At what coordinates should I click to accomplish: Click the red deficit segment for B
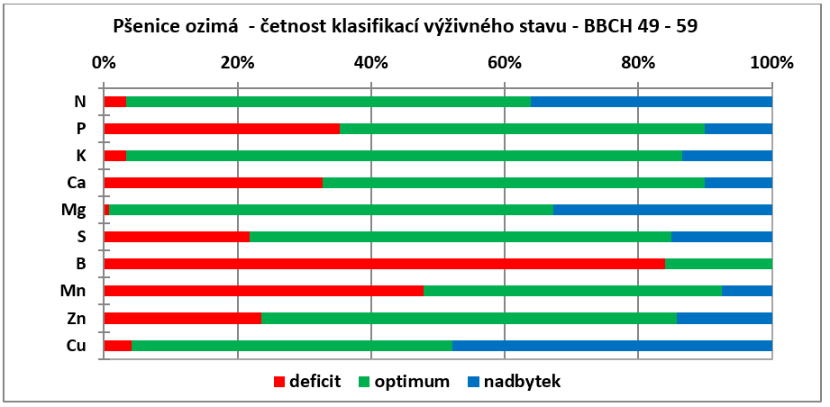pos(384,264)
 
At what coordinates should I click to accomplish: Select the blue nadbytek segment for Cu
pos(613,346)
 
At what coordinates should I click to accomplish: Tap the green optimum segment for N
pos(329,102)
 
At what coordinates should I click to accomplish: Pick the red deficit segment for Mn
pos(264,291)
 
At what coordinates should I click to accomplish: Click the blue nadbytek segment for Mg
pos(662,210)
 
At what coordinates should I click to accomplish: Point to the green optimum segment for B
pos(719,264)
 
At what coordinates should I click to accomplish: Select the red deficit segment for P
pos(222,129)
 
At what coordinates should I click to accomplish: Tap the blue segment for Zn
pos(725,318)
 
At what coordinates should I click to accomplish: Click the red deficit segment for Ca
pos(214,183)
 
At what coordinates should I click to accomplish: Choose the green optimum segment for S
pos(461,237)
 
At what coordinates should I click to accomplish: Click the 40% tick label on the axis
pos(371,63)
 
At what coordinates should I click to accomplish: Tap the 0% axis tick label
pos(104,63)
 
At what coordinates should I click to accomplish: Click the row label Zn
pos(78,318)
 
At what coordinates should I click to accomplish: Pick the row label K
pos(81,156)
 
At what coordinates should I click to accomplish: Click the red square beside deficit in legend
pos(279,382)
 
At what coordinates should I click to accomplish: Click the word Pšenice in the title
pos(143,26)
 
